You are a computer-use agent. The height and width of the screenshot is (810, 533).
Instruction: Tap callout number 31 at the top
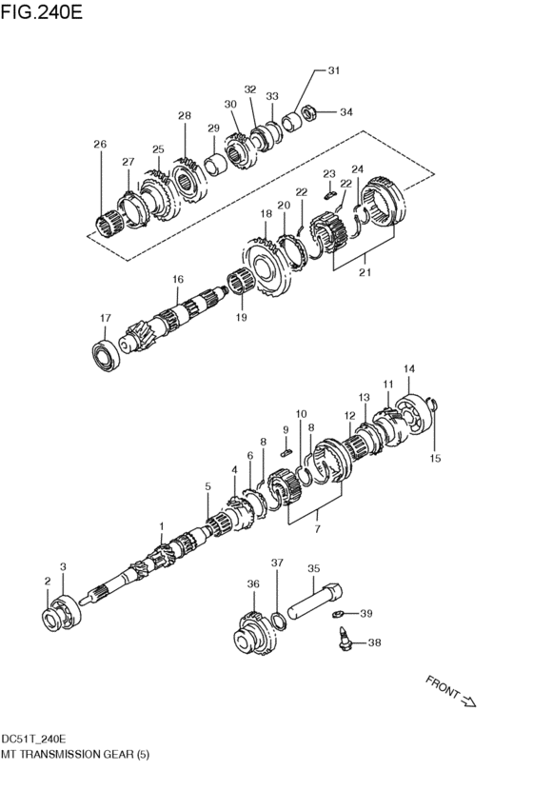333,70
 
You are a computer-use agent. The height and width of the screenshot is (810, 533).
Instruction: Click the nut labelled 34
310,115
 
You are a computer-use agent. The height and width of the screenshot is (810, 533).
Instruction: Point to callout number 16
177,279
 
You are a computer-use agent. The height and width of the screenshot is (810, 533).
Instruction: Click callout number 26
100,144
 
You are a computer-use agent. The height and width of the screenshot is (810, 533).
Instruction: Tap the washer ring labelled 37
279,622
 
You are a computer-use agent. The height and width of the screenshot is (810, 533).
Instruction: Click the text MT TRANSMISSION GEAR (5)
75,753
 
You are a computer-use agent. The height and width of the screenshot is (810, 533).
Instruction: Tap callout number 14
409,368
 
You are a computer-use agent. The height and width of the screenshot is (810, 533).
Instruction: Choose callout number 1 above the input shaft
162,526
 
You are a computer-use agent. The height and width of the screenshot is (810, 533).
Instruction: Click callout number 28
184,116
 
